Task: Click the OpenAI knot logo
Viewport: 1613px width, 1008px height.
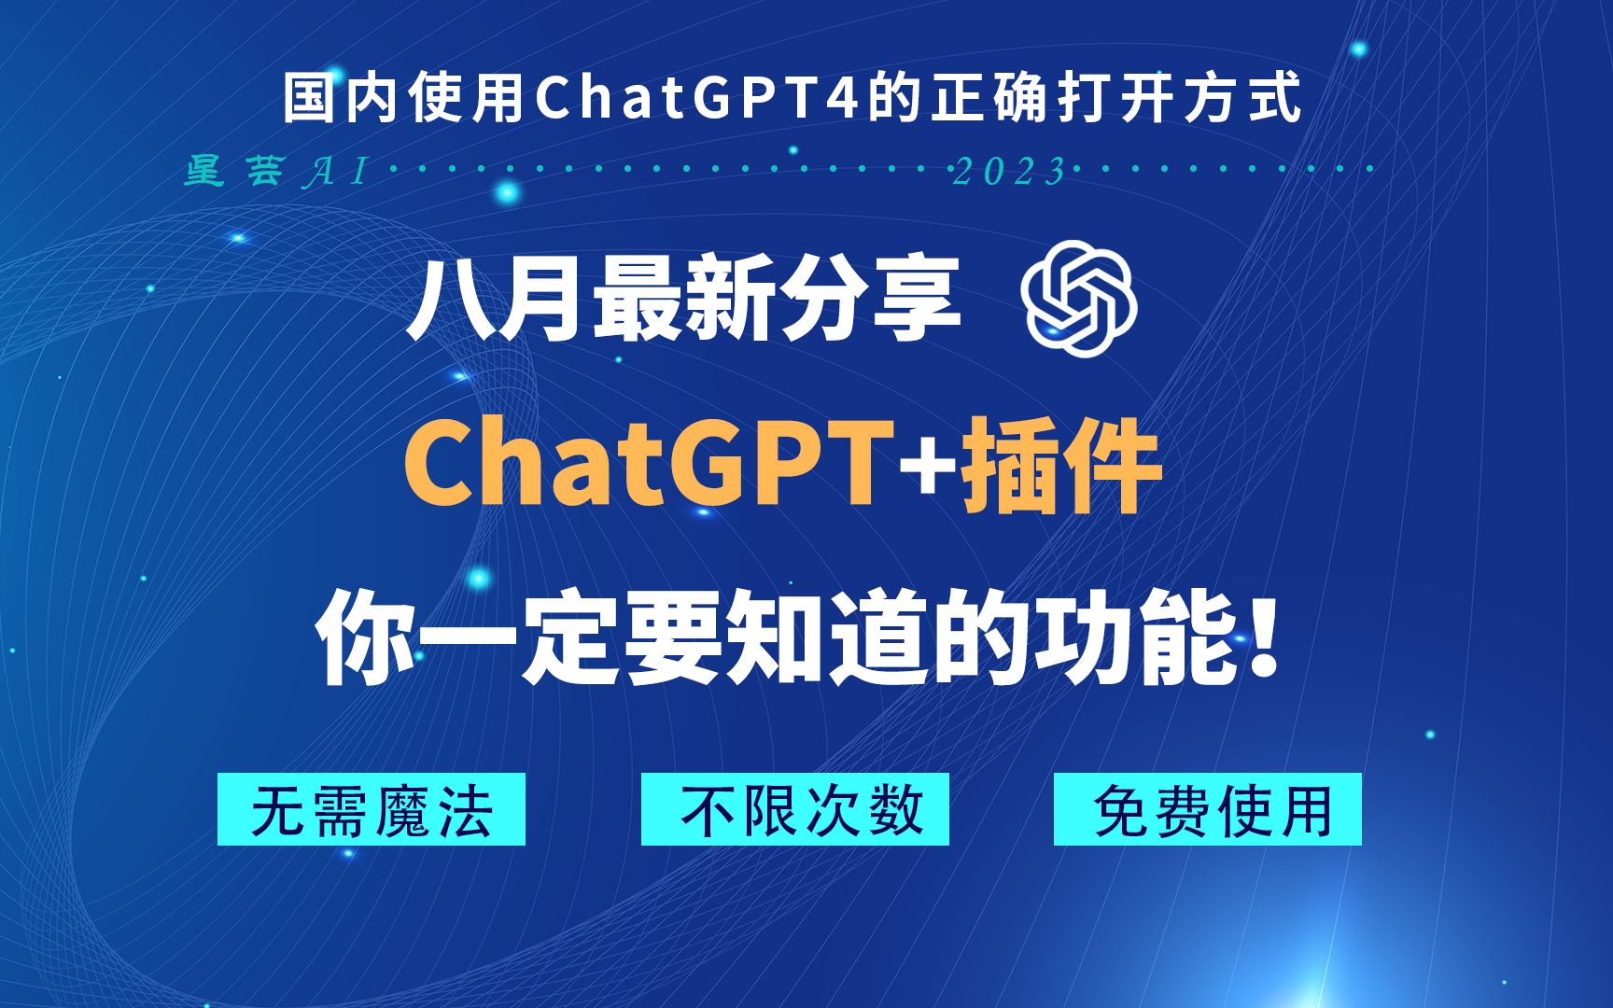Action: (1079, 298)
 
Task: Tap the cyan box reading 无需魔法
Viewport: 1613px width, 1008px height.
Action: (372, 809)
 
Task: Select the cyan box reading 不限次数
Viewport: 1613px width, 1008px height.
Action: (794, 809)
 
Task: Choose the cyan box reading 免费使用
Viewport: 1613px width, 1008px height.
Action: (1207, 809)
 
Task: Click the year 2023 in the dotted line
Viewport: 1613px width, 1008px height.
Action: (1008, 172)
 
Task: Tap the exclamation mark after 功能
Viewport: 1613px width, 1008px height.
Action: (1265, 642)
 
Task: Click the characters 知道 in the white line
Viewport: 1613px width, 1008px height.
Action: (826, 642)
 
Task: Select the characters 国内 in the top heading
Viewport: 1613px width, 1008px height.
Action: (343, 99)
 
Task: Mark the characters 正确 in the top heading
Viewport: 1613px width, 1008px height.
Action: (989, 99)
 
